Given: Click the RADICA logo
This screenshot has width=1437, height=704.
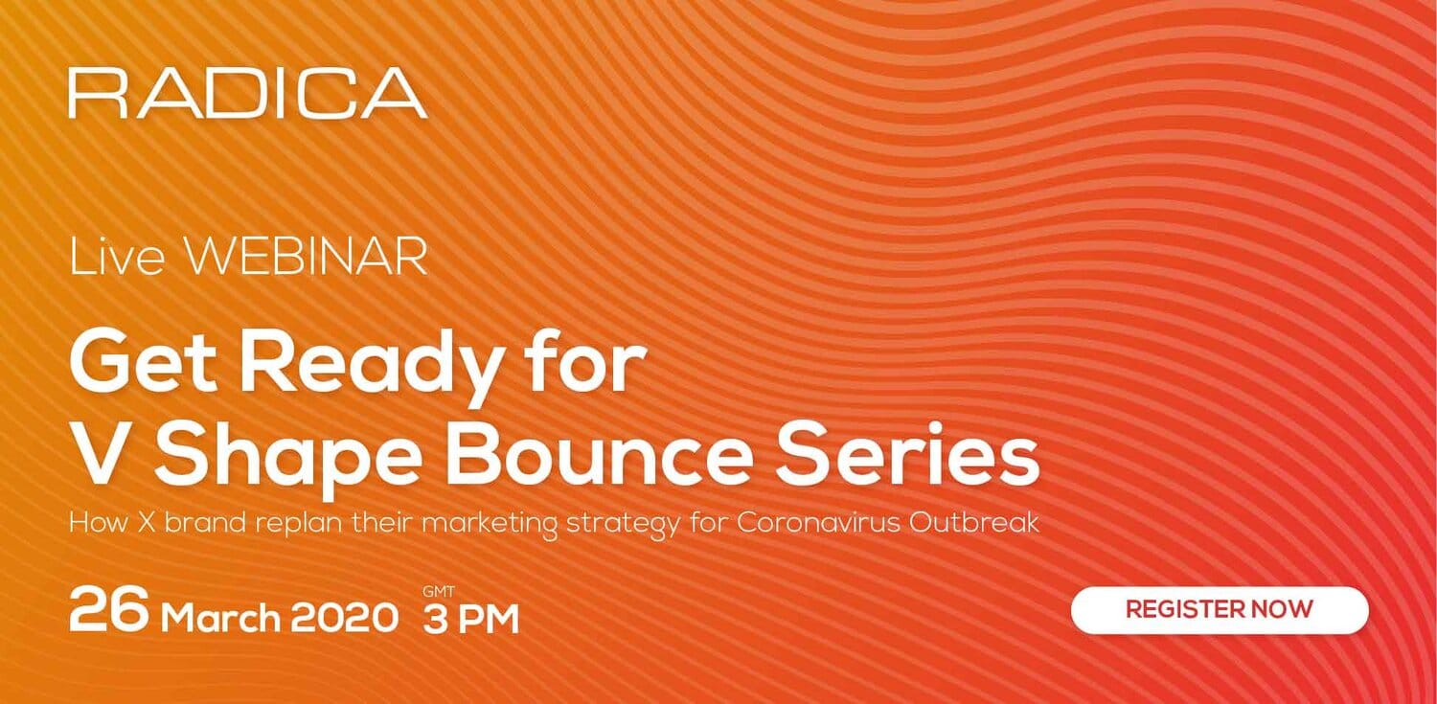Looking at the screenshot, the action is (247, 94).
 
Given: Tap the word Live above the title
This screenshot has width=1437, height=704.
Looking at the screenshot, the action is (117, 257).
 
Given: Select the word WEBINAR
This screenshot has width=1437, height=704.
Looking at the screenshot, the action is (306, 257).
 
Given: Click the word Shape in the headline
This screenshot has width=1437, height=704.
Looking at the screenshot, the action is (288, 460).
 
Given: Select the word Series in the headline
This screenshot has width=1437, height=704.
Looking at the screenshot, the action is (907, 453).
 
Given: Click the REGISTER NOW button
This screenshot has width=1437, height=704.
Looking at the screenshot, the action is (1220, 609).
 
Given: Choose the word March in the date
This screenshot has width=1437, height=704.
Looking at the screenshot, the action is (220, 619).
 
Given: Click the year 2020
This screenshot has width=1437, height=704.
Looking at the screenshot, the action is (345, 619).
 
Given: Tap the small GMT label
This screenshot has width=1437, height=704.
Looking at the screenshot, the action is (439, 591).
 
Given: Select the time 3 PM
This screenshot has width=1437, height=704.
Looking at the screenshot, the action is (471, 620).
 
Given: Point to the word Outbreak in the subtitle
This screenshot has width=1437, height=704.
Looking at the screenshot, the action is (974, 522).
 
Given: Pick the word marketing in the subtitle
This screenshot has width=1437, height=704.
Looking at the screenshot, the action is (490, 525).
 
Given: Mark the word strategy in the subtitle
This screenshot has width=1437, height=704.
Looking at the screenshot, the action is (623, 526).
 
